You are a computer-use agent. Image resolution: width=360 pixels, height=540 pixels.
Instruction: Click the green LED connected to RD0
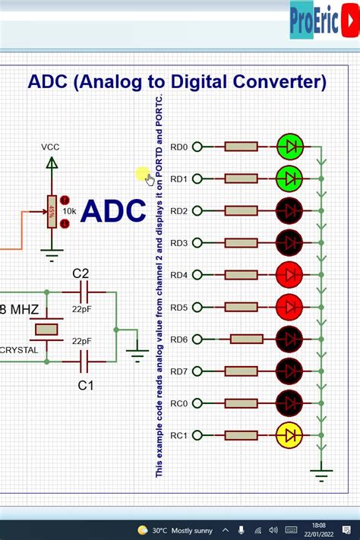tap(290, 147)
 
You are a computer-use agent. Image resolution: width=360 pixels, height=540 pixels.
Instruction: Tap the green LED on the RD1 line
tap(290, 178)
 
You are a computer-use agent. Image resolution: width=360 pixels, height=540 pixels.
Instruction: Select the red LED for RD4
tap(290, 275)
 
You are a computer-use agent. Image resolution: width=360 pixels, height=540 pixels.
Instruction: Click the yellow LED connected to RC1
tap(290, 435)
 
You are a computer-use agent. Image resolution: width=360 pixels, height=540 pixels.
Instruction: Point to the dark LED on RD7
tap(290, 371)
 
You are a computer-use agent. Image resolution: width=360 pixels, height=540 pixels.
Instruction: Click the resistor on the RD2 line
tap(241, 211)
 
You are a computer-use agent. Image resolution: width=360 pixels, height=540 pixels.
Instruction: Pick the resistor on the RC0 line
tap(241, 403)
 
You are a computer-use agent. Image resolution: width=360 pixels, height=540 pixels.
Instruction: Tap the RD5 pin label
tap(178, 308)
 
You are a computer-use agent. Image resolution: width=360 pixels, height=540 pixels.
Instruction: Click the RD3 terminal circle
tap(197, 243)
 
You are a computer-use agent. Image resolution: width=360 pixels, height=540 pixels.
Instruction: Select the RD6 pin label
tap(178, 339)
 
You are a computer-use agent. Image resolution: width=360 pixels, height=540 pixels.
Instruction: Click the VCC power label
tap(50, 147)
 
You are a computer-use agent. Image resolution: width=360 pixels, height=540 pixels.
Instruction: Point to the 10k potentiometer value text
tap(69, 211)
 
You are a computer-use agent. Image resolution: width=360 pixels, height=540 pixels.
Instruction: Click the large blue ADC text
tap(113, 211)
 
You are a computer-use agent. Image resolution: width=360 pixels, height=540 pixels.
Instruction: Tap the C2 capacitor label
tap(81, 273)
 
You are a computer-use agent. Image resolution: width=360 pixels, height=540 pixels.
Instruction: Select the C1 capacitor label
tap(86, 386)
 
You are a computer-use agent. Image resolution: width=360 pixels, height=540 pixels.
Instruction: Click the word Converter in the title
tap(271, 81)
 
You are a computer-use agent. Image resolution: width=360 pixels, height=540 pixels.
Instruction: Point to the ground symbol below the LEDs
tap(322, 475)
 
